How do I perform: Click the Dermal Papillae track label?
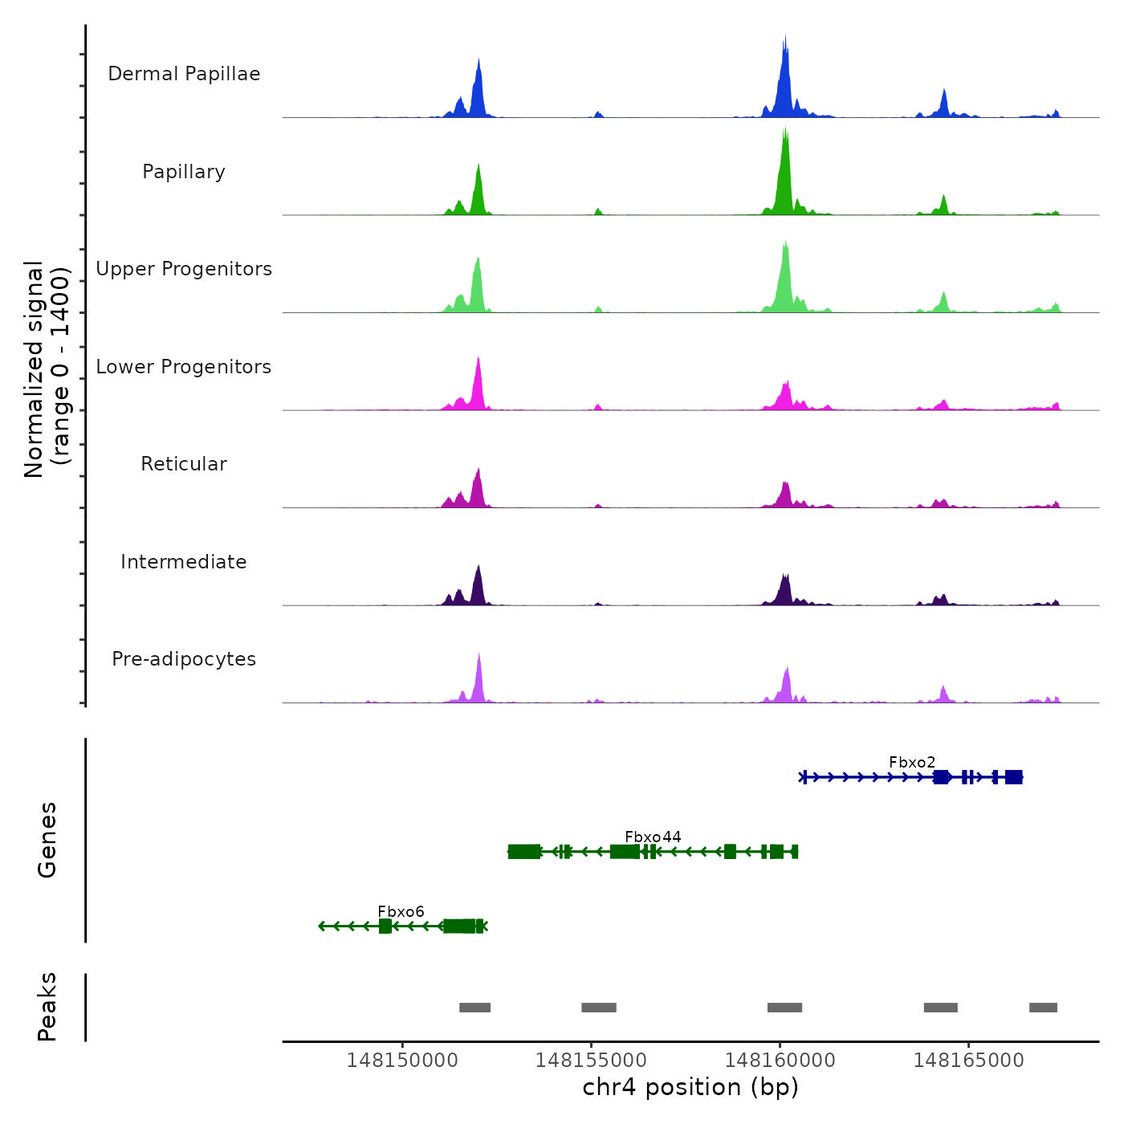point(184,74)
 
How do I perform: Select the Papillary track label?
point(184,172)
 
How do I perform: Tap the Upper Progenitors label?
point(184,269)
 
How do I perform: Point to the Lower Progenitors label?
point(184,367)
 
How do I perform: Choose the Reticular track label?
point(184,464)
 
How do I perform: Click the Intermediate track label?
point(184,562)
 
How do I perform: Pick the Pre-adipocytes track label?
point(184,659)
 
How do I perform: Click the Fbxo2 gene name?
point(912,762)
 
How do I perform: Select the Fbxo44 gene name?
point(653,837)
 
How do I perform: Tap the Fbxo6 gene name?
point(401,911)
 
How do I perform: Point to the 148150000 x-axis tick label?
point(402,1061)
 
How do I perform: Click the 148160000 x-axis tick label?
point(780,1061)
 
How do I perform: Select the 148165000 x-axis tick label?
point(968,1061)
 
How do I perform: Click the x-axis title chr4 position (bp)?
point(690,1087)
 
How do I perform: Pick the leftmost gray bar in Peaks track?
point(474,1008)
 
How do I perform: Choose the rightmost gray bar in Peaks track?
point(1043,1008)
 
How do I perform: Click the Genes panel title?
point(47,840)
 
